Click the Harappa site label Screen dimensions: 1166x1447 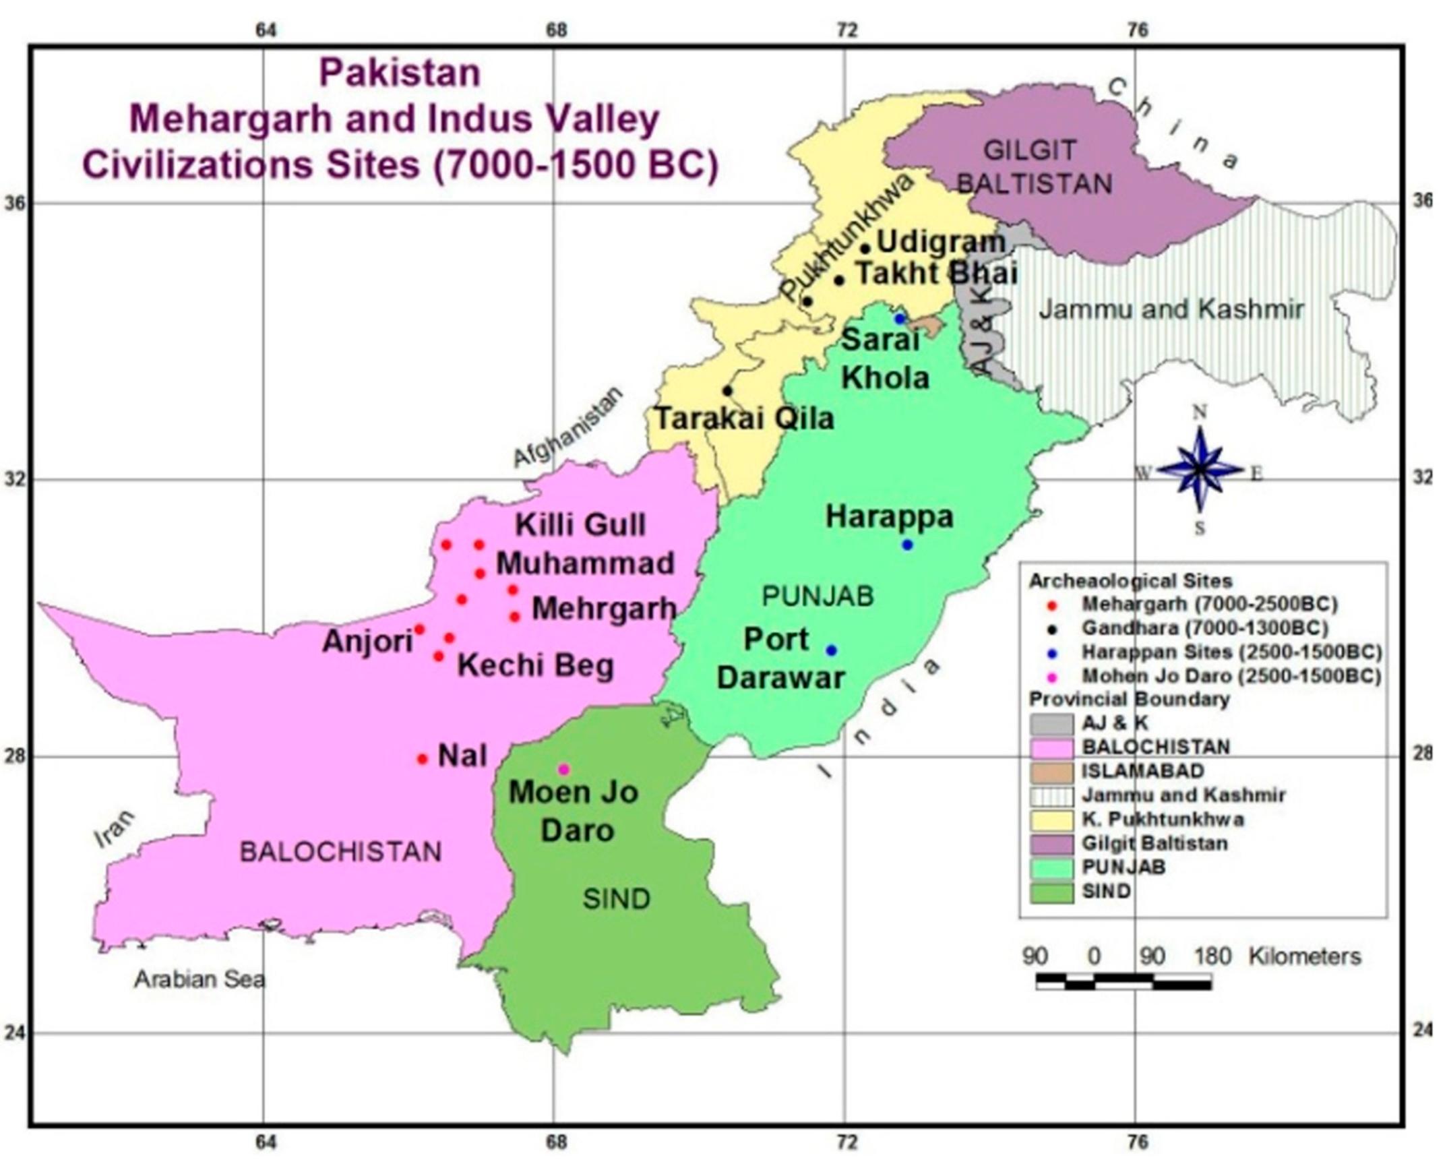tap(890, 517)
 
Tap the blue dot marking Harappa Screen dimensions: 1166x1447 tap(907, 545)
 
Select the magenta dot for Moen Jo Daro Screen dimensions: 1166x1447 tap(564, 769)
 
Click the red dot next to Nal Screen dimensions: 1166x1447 tap(423, 759)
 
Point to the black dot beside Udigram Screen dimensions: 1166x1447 tap(865, 249)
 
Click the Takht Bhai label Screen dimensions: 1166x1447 tap(936, 274)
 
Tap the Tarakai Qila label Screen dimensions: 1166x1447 tap(745, 419)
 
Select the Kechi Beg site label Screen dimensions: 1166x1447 tap(536, 666)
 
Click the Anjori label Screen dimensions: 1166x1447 tap(367, 641)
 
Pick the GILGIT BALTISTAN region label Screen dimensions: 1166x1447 tap(1031, 166)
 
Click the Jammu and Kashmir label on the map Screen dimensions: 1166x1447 tap(1171, 309)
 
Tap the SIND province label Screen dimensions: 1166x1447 tap(616, 898)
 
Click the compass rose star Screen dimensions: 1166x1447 tap(1200, 469)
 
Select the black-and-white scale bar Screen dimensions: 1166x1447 tap(1123, 981)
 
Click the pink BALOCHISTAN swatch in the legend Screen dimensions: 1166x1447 tap(1051, 747)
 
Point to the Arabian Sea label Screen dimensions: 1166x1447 tap(199, 979)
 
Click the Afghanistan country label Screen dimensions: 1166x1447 tap(567, 427)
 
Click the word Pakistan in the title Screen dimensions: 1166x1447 tap(400, 73)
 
